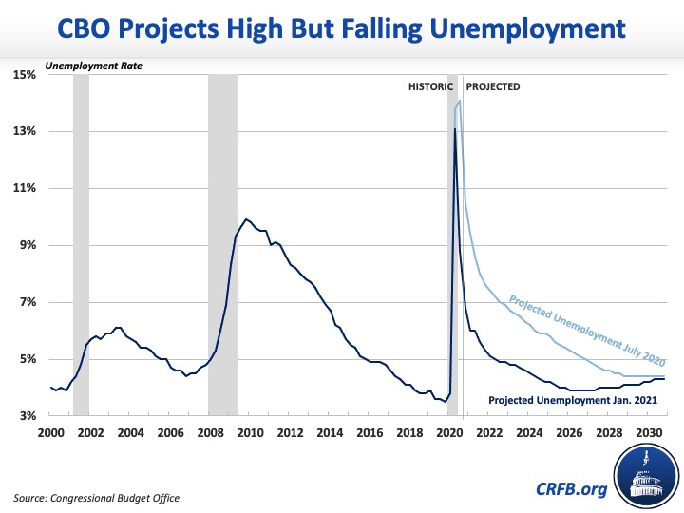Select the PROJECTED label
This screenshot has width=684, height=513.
493,86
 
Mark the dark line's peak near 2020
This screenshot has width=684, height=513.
455,129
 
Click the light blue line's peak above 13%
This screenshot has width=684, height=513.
460,101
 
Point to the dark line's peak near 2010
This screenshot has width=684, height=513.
246,219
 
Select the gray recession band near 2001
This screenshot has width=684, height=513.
81,245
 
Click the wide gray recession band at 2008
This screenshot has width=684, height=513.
223,245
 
